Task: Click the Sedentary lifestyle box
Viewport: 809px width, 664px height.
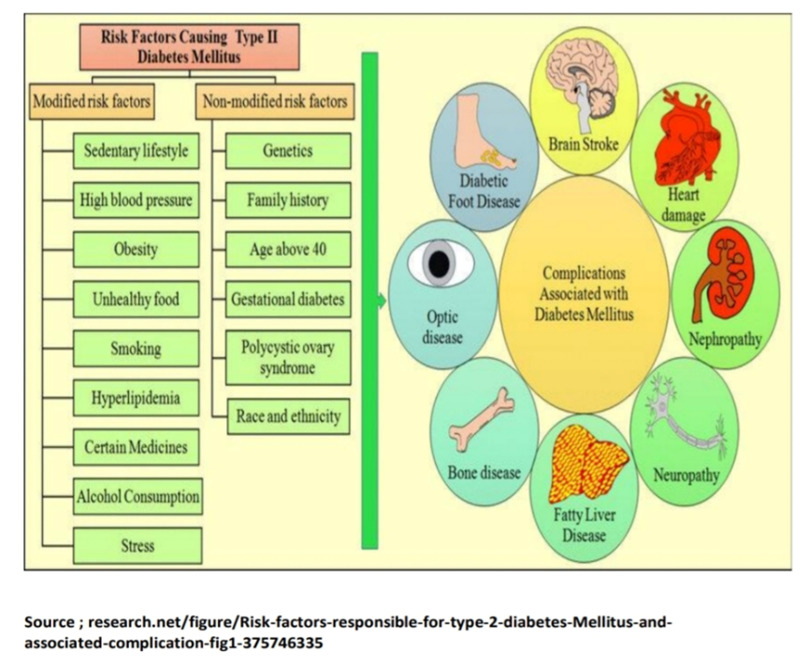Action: tap(137, 150)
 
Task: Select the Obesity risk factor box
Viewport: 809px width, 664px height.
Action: tap(137, 250)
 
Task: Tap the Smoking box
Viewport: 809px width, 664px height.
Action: tap(137, 349)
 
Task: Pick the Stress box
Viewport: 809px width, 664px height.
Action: tap(137, 545)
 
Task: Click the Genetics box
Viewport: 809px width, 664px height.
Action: tap(288, 150)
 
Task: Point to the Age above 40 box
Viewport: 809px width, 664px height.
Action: tap(288, 250)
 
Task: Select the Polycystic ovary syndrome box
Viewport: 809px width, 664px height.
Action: tap(288, 358)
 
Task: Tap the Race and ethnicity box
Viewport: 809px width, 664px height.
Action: tap(288, 416)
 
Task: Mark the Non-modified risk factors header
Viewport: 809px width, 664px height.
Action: tap(274, 101)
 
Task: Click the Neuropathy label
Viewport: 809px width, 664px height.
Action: tap(686, 476)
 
